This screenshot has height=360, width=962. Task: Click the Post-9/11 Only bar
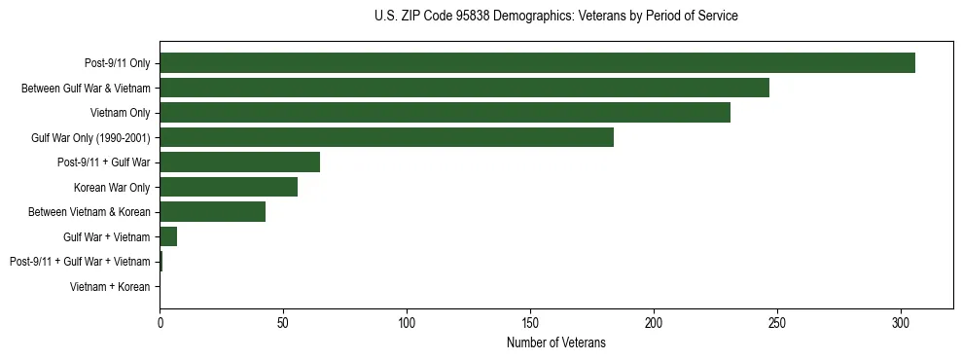click(x=537, y=63)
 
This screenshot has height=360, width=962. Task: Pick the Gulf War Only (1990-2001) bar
click(x=386, y=137)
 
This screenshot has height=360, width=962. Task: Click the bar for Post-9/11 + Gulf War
click(x=239, y=162)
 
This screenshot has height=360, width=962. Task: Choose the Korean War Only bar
click(x=229, y=187)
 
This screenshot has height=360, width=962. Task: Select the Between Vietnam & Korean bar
click(x=212, y=212)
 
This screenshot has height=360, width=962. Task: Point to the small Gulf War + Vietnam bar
click(x=168, y=236)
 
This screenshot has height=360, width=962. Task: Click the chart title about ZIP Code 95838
click(x=555, y=17)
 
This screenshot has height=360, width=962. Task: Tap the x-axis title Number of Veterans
click(x=555, y=342)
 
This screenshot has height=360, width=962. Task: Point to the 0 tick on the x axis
click(x=160, y=322)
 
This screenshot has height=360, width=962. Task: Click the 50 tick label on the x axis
click(x=283, y=322)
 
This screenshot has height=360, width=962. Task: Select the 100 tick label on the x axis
click(x=407, y=322)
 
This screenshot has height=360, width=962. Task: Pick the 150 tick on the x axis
click(x=530, y=322)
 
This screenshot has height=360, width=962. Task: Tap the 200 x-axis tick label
click(x=654, y=322)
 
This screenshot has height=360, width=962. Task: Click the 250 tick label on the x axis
click(x=777, y=322)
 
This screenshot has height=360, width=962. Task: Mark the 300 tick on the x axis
click(x=901, y=322)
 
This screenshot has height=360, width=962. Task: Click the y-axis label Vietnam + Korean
click(x=110, y=287)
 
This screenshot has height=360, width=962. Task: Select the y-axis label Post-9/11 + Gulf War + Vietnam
click(x=80, y=262)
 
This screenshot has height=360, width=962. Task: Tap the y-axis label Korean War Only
click(x=112, y=187)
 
